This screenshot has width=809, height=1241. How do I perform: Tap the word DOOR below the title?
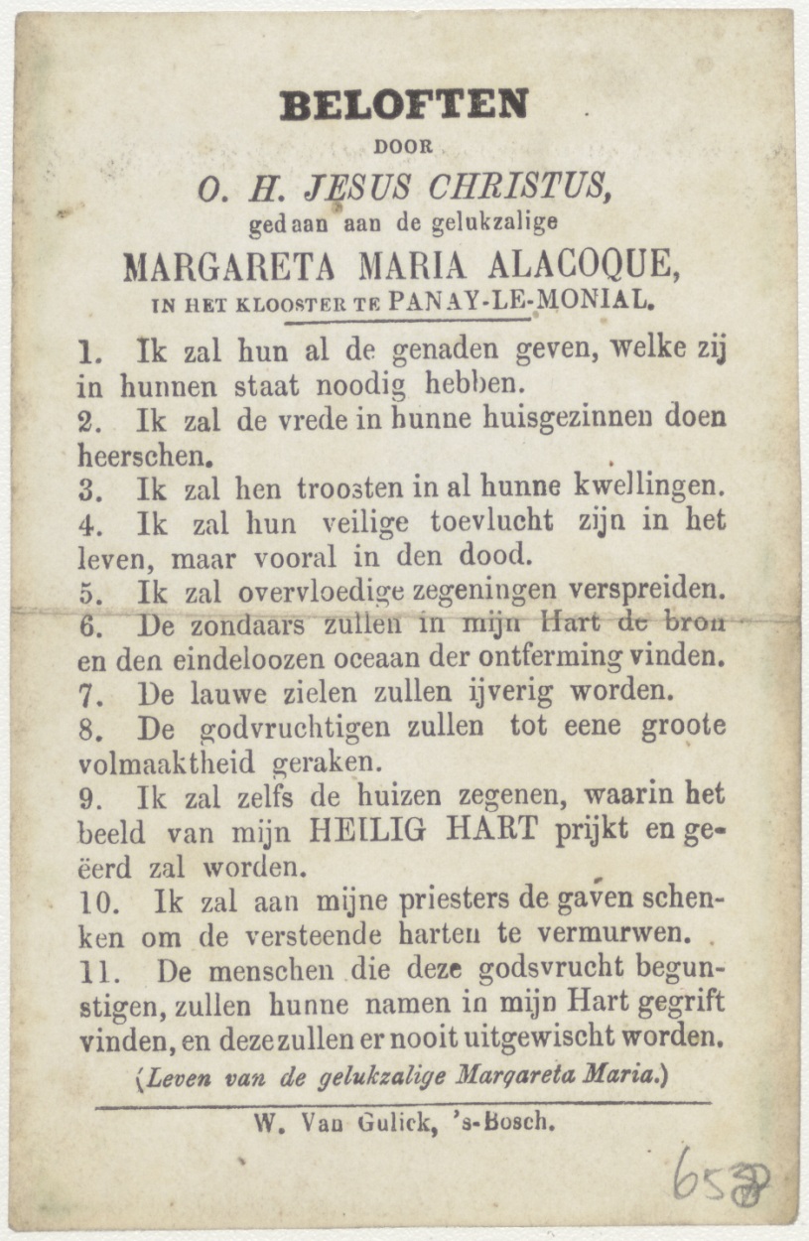click(x=403, y=147)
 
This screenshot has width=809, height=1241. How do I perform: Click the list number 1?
click(x=88, y=351)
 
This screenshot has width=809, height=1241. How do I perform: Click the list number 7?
click(x=88, y=692)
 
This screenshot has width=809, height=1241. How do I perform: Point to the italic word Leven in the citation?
click(x=178, y=1076)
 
